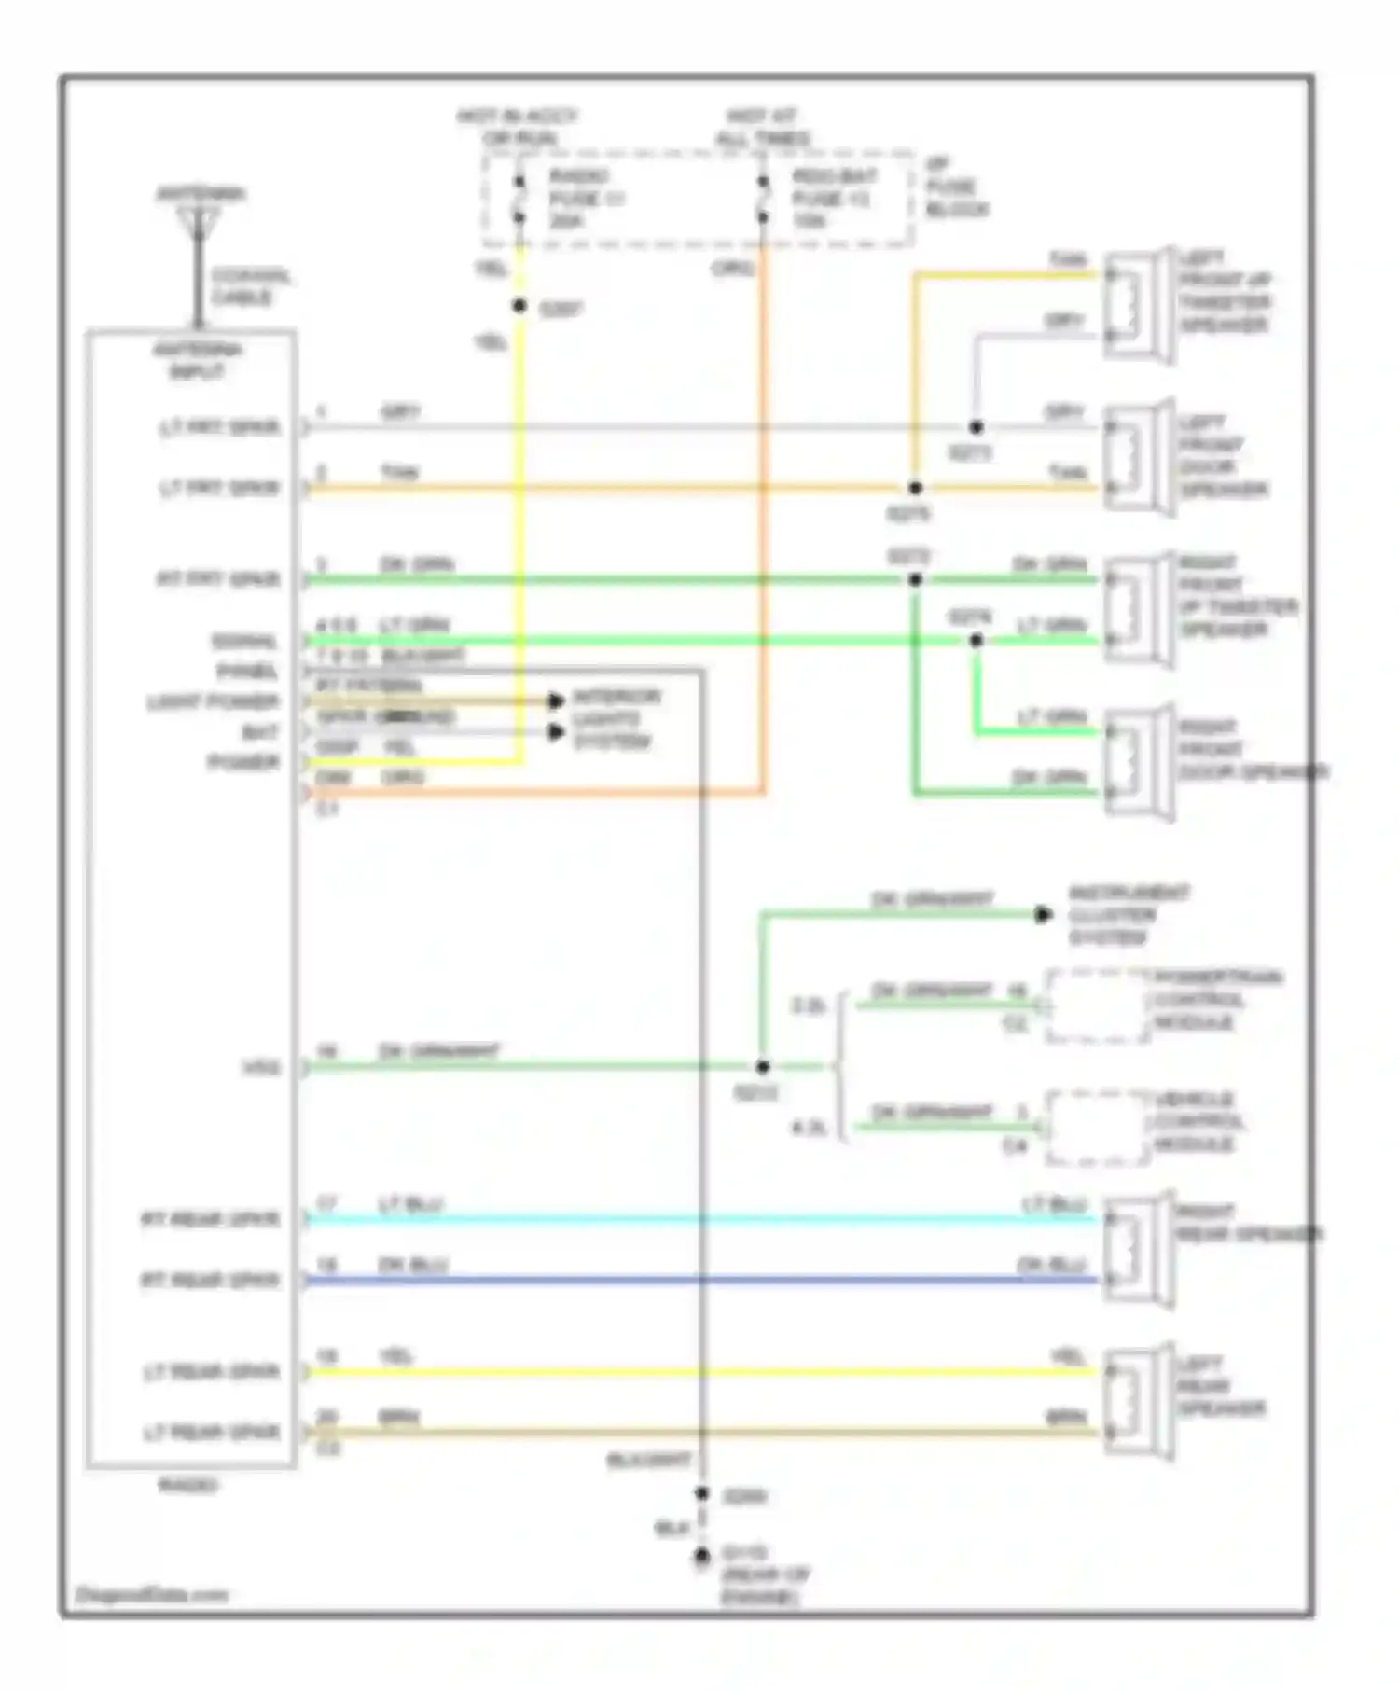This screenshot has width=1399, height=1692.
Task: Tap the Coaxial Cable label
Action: [x=250, y=286]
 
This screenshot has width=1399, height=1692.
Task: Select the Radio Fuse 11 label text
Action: [x=586, y=199]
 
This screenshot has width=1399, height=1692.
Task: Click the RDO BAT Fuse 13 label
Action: [x=833, y=199]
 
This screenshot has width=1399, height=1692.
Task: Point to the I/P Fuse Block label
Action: [x=956, y=187]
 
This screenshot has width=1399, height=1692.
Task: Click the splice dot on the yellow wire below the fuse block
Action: [x=519, y=306]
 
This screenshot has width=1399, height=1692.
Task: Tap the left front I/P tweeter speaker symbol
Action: [x=1138, y=304]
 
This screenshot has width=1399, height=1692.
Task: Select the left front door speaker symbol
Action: [x=1138, y=457]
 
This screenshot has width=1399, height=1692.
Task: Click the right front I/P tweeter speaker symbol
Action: [x=1138, y=610]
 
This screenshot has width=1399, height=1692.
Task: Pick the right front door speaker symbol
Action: [x=1138, y=762]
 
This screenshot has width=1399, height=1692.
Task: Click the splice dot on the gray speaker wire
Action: [x=976, y=427]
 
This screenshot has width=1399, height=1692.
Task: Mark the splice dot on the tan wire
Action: [x=915, y=488]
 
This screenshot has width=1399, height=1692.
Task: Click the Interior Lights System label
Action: [x=616, y=719]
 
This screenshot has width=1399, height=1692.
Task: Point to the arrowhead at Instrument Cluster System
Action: [x=1044, y=915]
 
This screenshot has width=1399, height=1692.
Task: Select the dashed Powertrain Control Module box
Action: [x=1096, y=1006]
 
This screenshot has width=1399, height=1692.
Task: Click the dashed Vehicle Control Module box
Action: [x=1096, y=1128]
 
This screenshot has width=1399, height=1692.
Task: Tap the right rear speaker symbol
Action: [x=1138, y=1250]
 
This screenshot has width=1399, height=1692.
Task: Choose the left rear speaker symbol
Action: [x=1138, y=1402]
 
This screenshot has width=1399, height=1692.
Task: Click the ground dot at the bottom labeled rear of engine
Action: [x=702, y=1557]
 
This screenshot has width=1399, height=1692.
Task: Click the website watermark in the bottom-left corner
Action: [x=152, y=1594]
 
